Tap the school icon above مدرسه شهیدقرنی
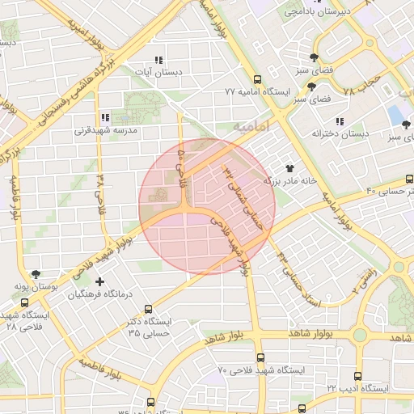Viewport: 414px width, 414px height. tap(105, 118)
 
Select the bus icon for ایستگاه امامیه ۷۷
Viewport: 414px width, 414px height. tap(257, 79)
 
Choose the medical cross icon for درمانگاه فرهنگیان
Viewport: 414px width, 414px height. tap(99, 281)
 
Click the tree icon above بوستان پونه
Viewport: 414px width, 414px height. tap(36, 275)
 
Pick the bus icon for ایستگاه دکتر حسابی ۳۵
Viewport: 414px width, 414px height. tap(147, 308)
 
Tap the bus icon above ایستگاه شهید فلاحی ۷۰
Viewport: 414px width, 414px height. tap(260, 357)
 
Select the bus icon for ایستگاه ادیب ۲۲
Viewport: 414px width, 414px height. tap(357, 376)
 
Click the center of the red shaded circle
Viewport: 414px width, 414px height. tap(207, 205)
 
